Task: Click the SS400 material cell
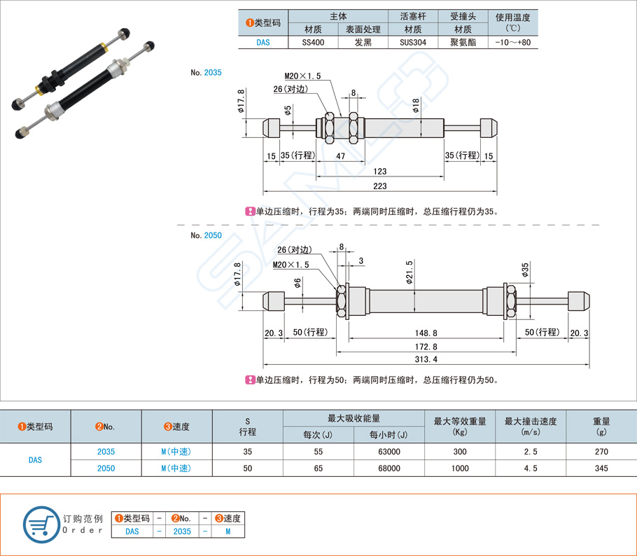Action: (313, 42)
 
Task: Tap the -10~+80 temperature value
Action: (512, 42)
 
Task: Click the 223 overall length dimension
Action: (379, 186)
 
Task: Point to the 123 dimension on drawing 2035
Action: (379, 171)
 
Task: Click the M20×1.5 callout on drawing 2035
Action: (302, 76)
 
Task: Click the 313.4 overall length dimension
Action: (426, 359)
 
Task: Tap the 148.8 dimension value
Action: (425, 333)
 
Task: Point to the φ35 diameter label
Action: (525, 271)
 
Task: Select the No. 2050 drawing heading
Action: (206, 235)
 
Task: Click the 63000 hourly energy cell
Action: (388, 452)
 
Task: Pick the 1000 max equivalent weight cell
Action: (459, 468)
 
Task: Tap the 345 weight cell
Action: (601, 468)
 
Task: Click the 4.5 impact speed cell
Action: (530, 468)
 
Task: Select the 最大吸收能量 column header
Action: (353, 418)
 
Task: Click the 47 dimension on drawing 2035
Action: (340, 155)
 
